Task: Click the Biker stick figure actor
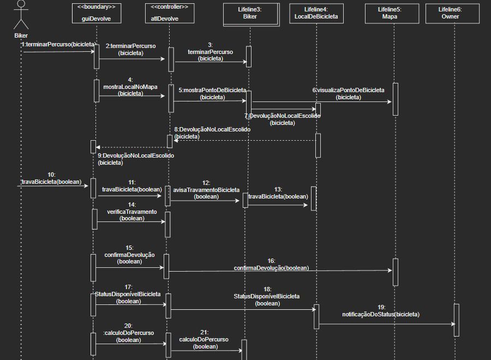(x=21, y=15)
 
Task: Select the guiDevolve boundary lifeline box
(x=97, y=13)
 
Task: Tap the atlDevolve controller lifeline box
(x=169, y=13)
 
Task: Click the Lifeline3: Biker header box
(x=249, y=13)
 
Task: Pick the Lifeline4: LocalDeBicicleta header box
(x=316, y=13)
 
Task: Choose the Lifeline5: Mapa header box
(x=390, y=13)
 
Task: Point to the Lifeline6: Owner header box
(x=450, y=13)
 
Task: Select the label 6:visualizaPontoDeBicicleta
(x=348, y=93)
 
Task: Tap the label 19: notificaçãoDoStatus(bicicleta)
(x=381, y=311)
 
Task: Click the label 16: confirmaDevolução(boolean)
(x=271, y=265)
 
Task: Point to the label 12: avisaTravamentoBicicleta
(x=206, y=190)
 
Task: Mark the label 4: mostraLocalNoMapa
(x=130, y=87)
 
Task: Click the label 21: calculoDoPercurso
(x=204, y=339)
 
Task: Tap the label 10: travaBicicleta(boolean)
(x=51, y=178)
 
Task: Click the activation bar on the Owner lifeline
(x=456, y=320)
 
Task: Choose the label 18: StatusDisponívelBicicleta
(x=267, y=296)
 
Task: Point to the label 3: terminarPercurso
(x=210, y=52)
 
